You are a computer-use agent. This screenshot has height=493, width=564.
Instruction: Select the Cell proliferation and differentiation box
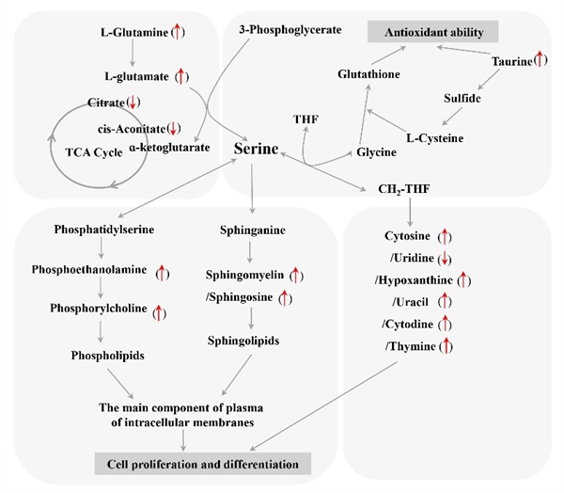point(203,464)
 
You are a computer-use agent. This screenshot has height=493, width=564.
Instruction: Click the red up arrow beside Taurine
point(540,60)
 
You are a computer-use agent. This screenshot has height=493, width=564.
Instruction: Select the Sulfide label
point(462,98)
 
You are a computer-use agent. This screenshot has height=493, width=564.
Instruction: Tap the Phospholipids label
point(101,356)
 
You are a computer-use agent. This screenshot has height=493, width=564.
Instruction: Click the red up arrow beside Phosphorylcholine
point(159,311)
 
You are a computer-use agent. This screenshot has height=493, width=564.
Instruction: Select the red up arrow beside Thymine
point(446,347)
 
